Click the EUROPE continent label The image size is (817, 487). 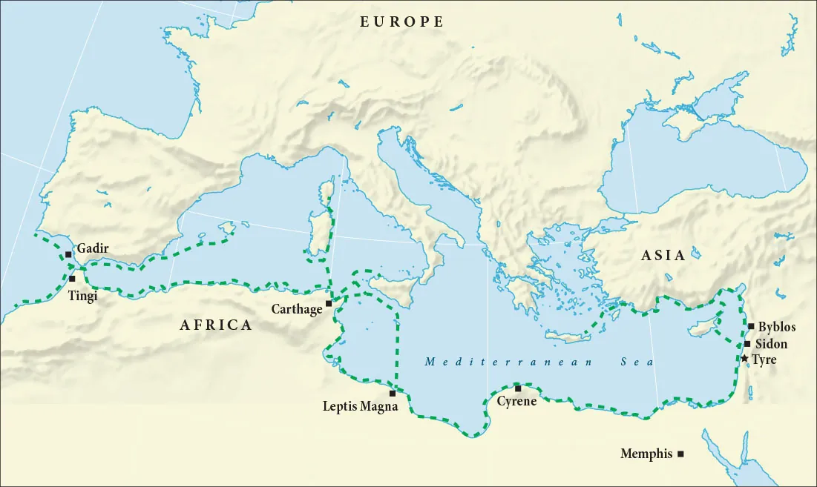coord(402,22)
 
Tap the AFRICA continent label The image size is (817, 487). coord(216,325)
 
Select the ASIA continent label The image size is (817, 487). coord(663,256)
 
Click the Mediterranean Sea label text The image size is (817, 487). coord(539,362)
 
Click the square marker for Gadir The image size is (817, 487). coord(68,254)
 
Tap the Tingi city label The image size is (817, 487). coord(82,294)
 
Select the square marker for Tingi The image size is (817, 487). coord(72,279)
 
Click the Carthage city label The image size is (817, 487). coord(296,309)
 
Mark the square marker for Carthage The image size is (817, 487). coord(329,303)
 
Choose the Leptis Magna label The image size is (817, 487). coord(355,406)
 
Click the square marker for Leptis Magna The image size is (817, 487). coord(393,394)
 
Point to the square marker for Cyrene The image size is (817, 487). coord(518,388)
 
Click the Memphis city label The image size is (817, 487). coord(646,454)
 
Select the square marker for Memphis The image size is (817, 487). coord(680,454)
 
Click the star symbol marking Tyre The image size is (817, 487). coord(744,359)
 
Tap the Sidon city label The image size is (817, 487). coord(771,344)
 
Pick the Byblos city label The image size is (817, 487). coord(777,327)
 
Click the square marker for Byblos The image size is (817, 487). coord(751,326)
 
